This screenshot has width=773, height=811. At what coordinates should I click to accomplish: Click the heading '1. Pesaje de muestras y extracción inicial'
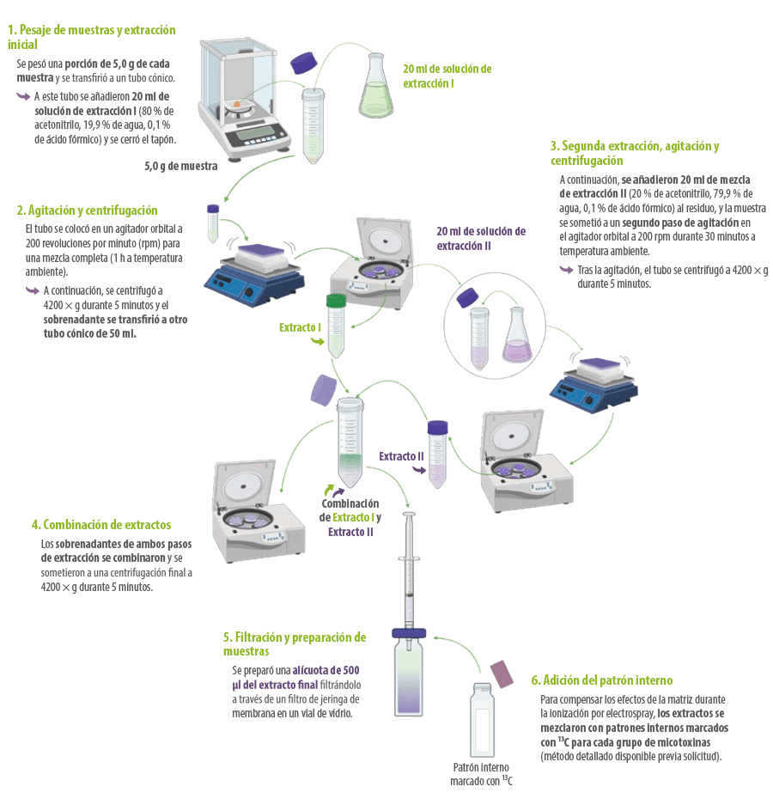(x=92, y=37)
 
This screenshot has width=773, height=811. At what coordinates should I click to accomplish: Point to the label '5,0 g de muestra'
(x=181, y=166)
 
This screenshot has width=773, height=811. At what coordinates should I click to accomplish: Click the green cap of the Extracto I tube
(x=336, y=301)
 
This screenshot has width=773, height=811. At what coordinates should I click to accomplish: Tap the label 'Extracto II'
(x=401, y=456)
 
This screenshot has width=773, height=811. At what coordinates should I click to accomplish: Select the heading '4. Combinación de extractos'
(x=101, y=524)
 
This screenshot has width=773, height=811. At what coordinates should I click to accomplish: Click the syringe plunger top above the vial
(x=409, y=515)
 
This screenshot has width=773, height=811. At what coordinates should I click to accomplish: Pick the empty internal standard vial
(x=482, y=721)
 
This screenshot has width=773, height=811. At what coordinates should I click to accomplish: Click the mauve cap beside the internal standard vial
(x=502, y=674)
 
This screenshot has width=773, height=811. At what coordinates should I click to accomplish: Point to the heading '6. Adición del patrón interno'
(x=602, y=680)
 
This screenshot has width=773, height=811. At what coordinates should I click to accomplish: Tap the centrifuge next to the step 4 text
(x=258, y=511)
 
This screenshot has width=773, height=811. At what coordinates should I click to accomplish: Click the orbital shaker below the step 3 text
(x=593, y=384)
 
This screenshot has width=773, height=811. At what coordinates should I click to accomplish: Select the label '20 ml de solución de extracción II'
(x=481, y=239)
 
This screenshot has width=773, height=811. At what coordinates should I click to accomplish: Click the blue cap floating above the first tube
(x=303, y=63)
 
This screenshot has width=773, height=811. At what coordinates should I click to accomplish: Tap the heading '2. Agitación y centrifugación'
(x=87, y=210)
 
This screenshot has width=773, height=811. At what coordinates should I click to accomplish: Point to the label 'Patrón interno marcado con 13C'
(x=481, y=774)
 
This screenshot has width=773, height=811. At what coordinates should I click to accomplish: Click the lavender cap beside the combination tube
(x=324, y=391)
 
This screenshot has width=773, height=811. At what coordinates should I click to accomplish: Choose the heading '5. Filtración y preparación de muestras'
(x=295, y=644)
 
